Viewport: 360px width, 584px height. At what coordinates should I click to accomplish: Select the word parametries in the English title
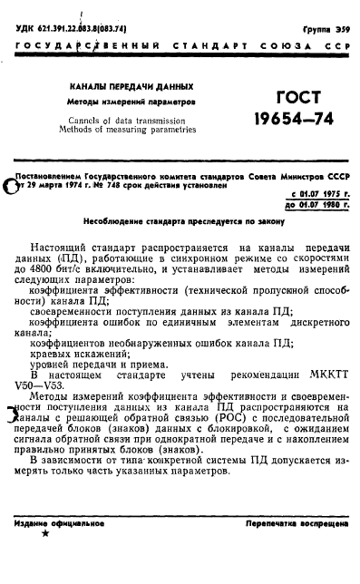pos(170,129)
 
